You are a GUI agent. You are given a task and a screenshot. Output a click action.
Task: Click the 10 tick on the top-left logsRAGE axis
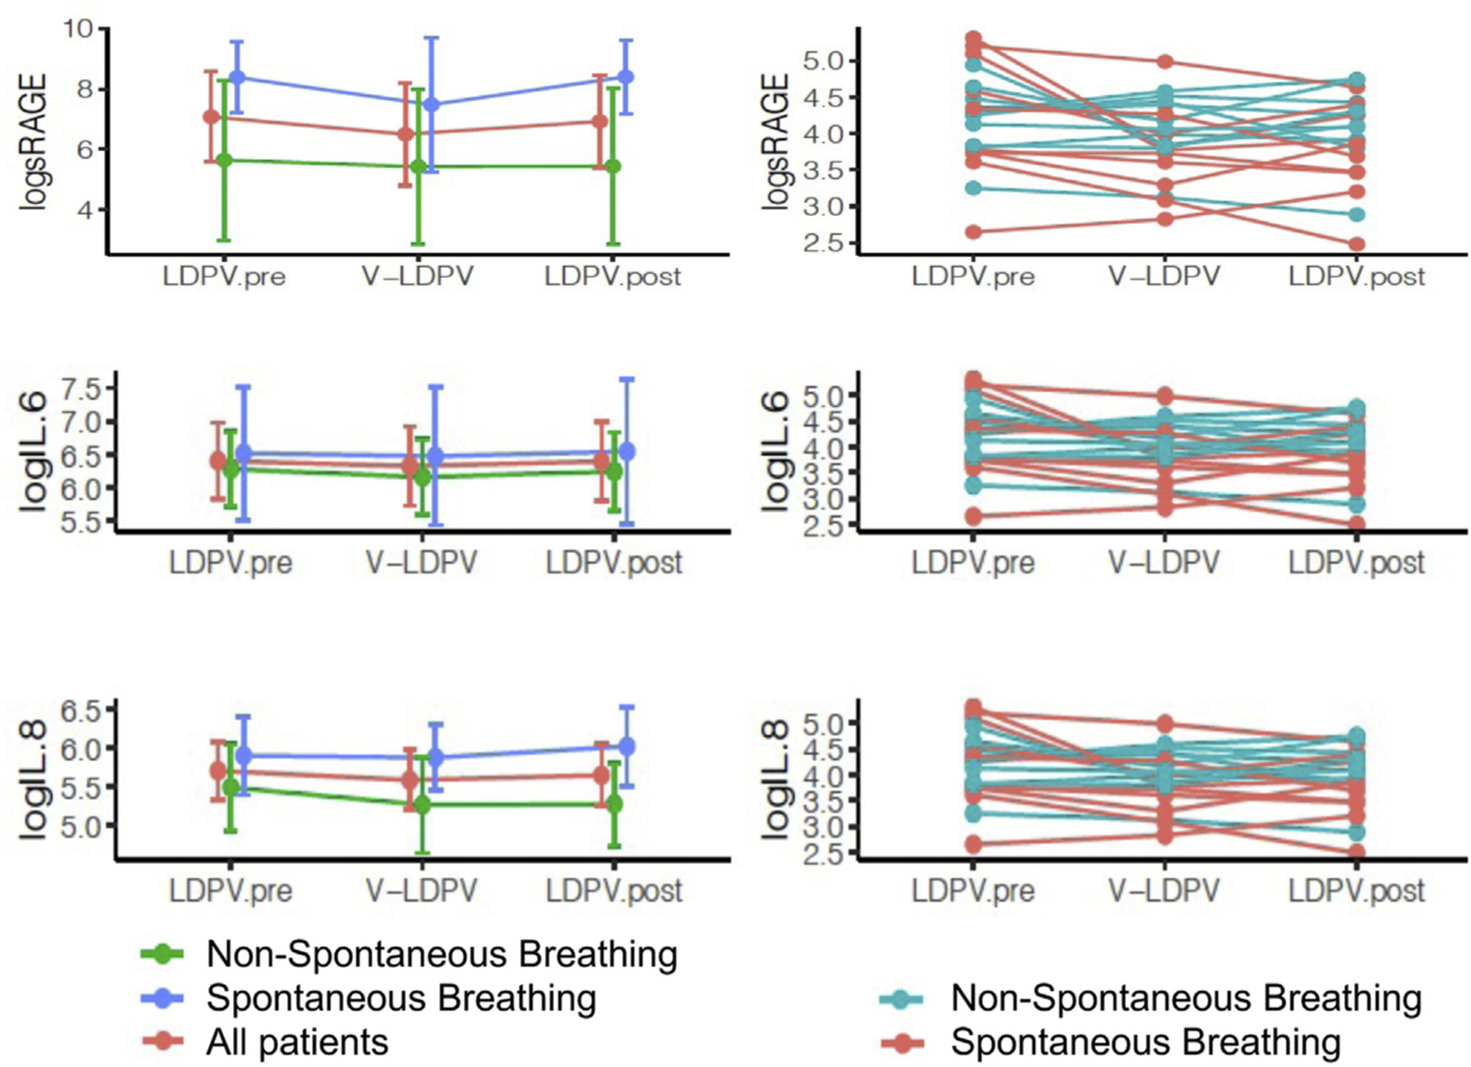pos(79,29)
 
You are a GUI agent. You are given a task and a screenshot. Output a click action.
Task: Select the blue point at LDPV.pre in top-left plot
pos(237,78)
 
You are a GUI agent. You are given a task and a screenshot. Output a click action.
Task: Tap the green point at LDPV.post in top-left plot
pos(613,166)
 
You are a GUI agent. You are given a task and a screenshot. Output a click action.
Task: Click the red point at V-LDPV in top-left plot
pos(405,134)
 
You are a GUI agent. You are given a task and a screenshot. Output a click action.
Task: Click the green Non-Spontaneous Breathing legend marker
pos(163,953)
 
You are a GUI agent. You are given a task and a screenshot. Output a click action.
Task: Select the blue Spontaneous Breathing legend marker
pos(163,998)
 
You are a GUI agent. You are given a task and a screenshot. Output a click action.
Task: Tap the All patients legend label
pos(297,1042)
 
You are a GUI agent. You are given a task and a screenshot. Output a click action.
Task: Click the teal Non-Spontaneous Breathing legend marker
pos(901,998)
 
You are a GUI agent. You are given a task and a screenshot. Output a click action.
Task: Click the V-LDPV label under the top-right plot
pos(1164,276)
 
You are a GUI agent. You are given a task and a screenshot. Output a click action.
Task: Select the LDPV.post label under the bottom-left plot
pos(614,890)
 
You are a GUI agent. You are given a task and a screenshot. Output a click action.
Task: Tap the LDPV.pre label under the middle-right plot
pos(972,563)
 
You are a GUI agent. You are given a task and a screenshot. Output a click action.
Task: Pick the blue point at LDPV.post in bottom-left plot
pos(627,746)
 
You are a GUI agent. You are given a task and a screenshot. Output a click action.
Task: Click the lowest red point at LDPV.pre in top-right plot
pos(972,232)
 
